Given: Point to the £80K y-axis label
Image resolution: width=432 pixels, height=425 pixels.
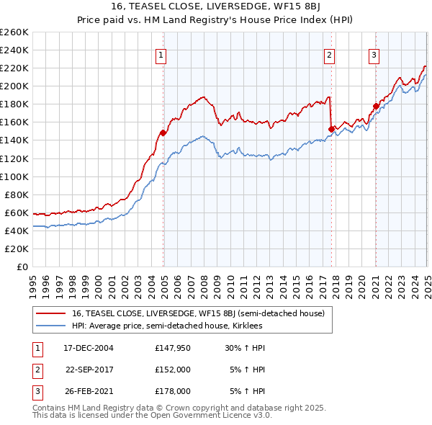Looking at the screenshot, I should click(x=16, y=194).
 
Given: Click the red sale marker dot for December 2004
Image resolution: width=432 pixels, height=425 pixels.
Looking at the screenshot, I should click(x=163, y=133).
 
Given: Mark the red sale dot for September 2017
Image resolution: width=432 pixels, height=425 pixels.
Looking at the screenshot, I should click(x=331, y=129).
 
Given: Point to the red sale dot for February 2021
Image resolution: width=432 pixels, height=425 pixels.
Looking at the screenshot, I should click(x=376, y=106).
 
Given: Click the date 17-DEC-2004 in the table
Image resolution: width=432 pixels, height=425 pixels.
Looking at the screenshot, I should click(x=89, y=347).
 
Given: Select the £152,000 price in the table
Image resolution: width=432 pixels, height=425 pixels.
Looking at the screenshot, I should click(x=173, y=370).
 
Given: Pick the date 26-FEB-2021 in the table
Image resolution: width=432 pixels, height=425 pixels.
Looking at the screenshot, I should click(x=89, y=391).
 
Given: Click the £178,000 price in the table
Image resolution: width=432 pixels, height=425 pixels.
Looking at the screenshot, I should click(x=173, y=391).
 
